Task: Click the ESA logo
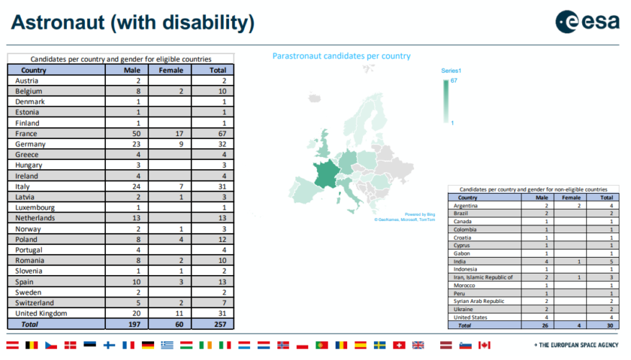click(587, 22)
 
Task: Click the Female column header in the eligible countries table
click(171, 70)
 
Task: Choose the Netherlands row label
click(35, 217)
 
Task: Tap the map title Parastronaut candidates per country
click(341, 56)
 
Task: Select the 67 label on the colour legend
click(454, 81)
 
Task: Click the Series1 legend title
click(451, 71)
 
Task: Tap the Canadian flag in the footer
click(485, 346)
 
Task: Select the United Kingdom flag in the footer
click(418, 346)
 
